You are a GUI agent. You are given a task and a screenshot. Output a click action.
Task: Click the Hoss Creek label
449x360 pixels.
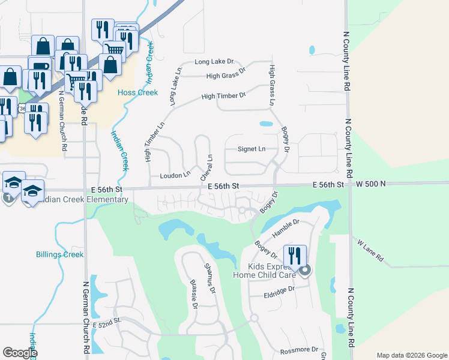(137, 92)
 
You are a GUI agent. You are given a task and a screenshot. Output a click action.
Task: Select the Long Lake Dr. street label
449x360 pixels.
(214, 62)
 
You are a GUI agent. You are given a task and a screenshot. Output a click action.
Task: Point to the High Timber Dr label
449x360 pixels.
(224, 95)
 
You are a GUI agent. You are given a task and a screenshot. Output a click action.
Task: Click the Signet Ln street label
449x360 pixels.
(251, 148)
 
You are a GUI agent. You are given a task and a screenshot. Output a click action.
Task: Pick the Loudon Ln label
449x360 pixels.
(175, 176)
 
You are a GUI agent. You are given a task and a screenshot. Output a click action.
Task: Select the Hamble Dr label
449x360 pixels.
(285, 227)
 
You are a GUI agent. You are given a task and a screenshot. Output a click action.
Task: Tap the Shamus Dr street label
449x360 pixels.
(209, 278)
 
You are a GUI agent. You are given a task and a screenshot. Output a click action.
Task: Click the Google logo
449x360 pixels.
(20, 353)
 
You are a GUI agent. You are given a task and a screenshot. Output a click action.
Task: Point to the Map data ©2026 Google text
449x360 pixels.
(411, 355)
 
